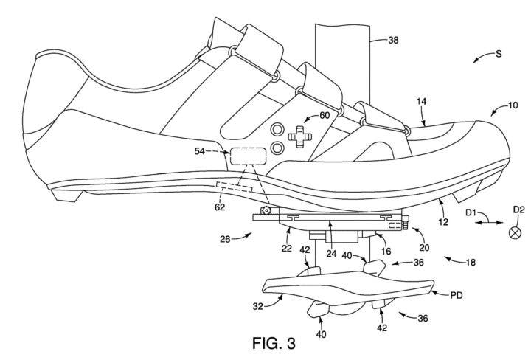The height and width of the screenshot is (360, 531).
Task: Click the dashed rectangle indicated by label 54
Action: pos(248,156)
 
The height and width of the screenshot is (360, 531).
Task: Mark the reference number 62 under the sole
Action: pos(220,207)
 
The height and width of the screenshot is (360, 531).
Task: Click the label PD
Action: pos(458,295)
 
